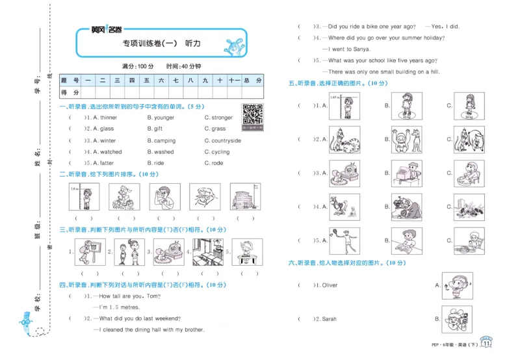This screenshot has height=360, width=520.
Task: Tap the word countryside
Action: coord(226,140)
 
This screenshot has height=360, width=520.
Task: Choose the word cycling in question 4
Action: coord(220,152)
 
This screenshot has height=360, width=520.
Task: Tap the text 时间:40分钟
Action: coord(183,66)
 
